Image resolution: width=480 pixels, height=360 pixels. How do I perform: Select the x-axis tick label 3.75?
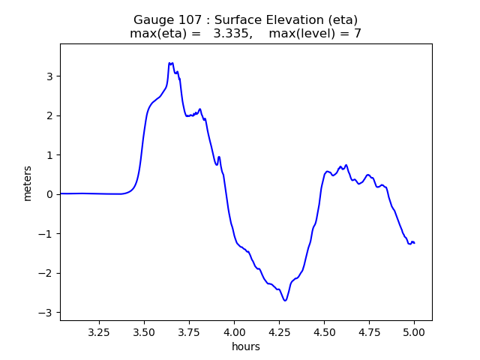pyautogui.click(x=189, y=331)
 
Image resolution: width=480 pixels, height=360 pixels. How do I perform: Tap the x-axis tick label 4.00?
pyautogui.click(x=234, y=331)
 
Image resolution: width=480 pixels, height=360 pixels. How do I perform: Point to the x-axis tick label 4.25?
pyautogui.click(x=279, y=331)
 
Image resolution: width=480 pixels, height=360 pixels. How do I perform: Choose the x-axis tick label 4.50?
pyautogui.click(x=324, y=331)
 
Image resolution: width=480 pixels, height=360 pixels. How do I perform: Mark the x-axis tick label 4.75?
pyautogui.click(x=369, y=331)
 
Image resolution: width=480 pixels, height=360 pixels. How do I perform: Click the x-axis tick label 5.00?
pyautogui.click(x=414, y=331)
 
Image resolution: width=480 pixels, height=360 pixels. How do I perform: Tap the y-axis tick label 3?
pyautogui.click(x=50, y=76)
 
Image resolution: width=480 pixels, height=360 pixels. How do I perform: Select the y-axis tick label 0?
pyautogui.click(x=50, y=194)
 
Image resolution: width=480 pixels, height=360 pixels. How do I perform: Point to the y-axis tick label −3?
pyautogui.click(x=47, y=312)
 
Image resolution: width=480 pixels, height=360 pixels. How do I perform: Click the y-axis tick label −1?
pyautogui.click(x=47, y=233)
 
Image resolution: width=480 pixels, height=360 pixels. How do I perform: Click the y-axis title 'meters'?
pyautogui.click(x=28, y=182)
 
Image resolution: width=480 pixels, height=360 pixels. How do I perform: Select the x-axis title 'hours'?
pyautogui.click(x=246, y=346)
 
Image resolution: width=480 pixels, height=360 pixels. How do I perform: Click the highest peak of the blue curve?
pyautogui.click(x=170, y=63)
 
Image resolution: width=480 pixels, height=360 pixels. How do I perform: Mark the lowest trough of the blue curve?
pyautogui.click(x=285, y=301)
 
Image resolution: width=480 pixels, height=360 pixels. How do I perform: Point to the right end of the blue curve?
pyautogui.click(x=414, y=243)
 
